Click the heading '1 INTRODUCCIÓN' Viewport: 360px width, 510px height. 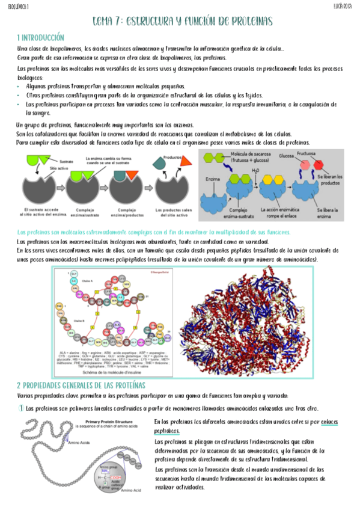[x=40, y=37]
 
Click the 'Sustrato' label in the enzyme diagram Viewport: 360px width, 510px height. [x=67, y=162]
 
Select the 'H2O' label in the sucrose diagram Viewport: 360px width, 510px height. [x=256, y=171]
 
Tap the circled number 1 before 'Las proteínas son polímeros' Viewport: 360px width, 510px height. [x=20, y=408]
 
